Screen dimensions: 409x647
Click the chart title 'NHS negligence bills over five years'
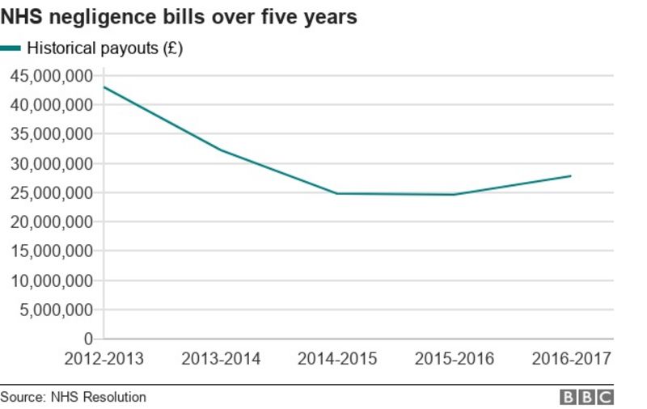tap(179, 16)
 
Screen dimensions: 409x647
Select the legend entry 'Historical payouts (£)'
tap(105, 48)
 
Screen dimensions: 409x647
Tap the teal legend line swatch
tap(11, 48)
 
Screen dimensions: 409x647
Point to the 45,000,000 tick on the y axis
tap(51, 76)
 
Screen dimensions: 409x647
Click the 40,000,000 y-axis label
tap(51, 105)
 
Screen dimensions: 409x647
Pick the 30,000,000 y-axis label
tap(51, 164)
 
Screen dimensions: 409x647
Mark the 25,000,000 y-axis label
tap(51, 193)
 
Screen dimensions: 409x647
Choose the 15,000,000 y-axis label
tap(51, 251)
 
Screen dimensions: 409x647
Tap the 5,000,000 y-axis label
tap(55, 310)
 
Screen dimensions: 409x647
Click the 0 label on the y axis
tap(88, 339)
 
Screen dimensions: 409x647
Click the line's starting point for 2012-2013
tap(104, 86)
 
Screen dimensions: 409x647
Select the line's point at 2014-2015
tap(337, 193)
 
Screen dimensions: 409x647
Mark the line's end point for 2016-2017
tap(571, 175)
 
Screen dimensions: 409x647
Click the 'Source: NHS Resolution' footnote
tap(74, 397)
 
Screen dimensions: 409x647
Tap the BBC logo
tap(586, 397)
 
